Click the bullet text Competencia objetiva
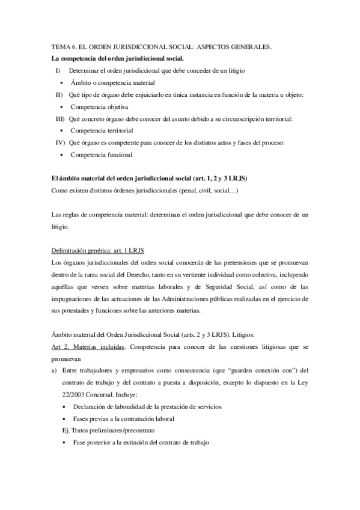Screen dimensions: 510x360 (99, 106)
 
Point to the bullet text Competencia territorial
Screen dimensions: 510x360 (102, 130)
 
